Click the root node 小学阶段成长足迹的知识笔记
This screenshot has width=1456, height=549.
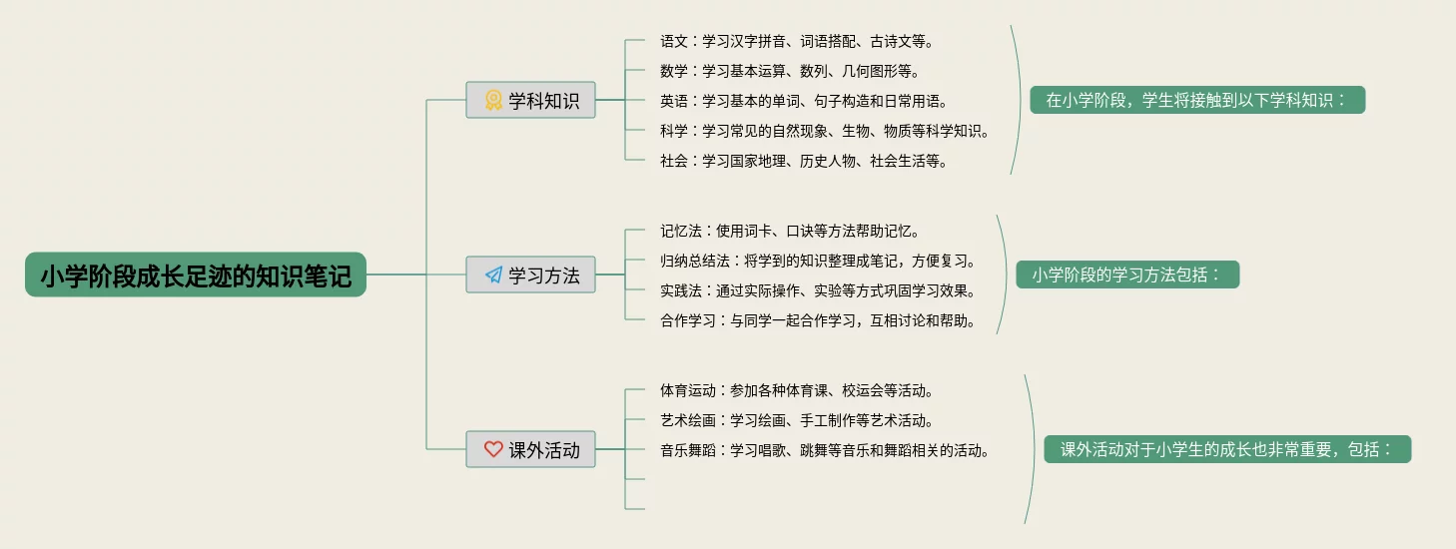[x=196, y=274]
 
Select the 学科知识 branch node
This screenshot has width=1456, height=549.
[x=530, y=100]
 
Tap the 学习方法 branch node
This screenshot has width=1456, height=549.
[x=530, y=274]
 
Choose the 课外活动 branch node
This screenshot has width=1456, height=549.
[x=530, y=449]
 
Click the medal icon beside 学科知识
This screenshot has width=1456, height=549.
[x=493, y=100]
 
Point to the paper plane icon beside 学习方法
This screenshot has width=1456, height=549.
[x=493, y=274]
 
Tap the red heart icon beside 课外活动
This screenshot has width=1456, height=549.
[x=493, y=449]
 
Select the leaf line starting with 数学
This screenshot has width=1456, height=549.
[x=789, y=71]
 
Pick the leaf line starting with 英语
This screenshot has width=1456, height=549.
[x=803, y=101]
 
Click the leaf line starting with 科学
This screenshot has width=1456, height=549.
[x=824, y=131]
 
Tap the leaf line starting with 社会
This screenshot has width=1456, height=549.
[x=803, y=161]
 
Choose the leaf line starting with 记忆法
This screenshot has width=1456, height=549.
[x=789, y=231]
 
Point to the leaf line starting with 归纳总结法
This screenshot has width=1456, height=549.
[x=817, y=261]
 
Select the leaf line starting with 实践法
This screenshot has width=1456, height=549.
[x=817, y=290]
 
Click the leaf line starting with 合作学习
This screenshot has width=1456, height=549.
[x=817, y=320]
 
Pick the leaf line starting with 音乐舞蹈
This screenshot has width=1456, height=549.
[x=824, y=450]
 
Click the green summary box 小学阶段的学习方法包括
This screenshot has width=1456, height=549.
[x=1127, y=274]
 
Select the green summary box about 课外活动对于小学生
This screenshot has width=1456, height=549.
[x=1227, y=449]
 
